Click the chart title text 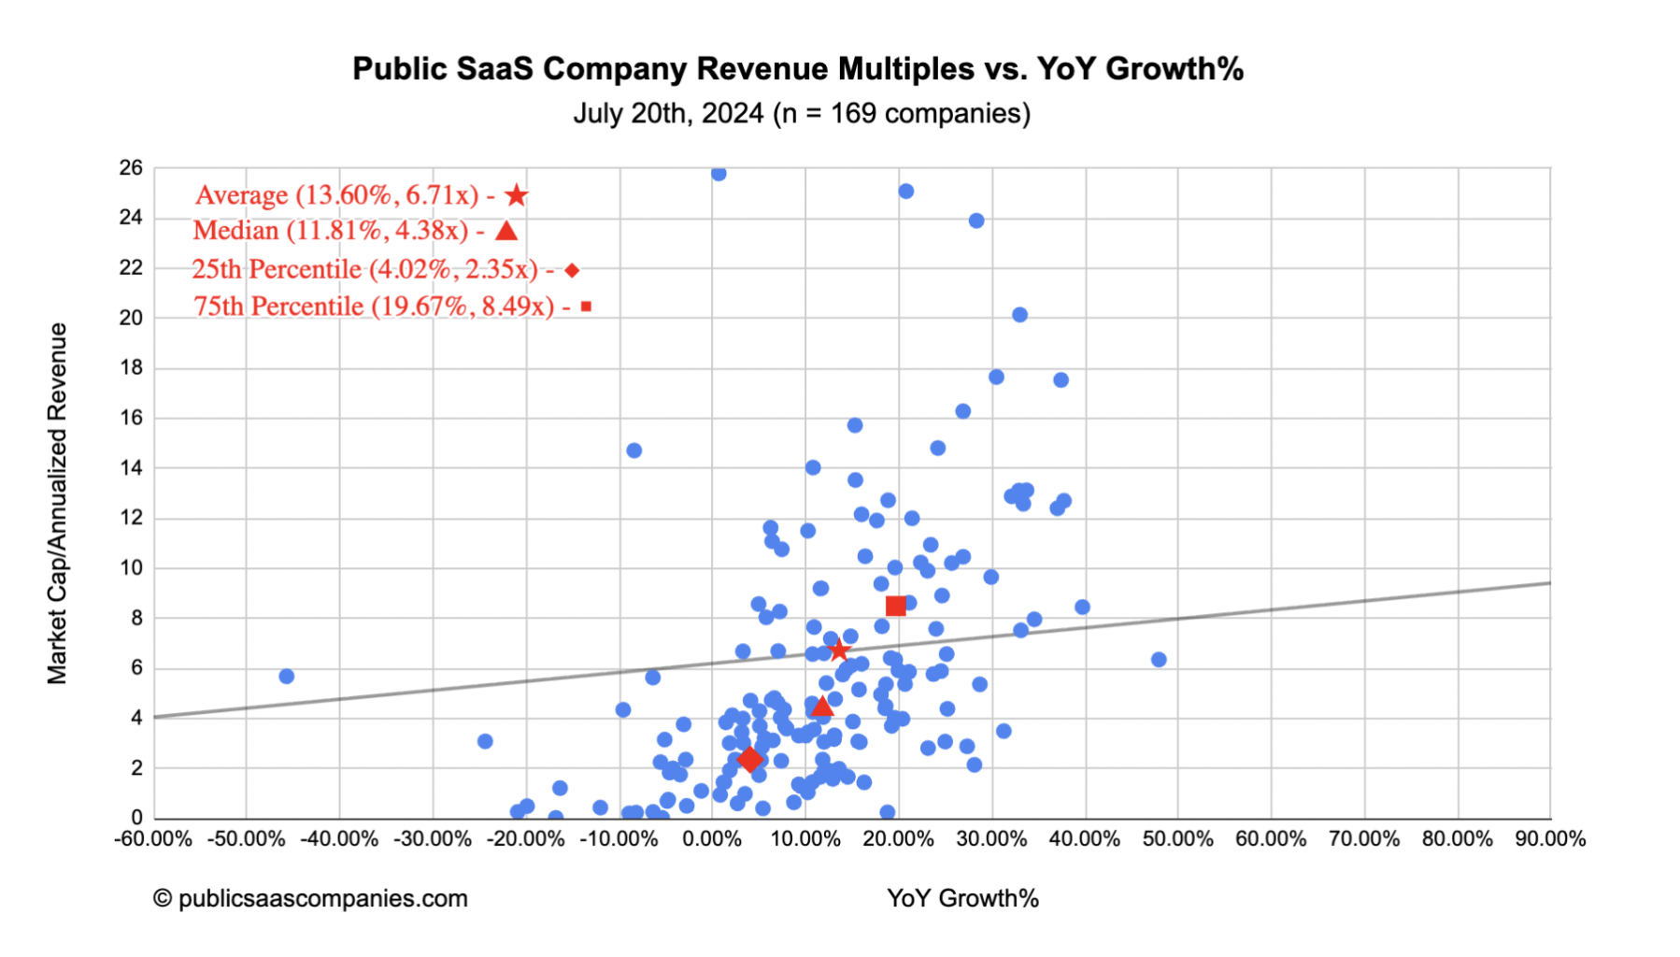[798, 69]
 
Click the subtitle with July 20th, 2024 [802, 113]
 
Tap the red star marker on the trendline [838, 650]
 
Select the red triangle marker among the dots [821, 706]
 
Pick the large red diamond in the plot [749, 760]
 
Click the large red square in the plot [895, 606]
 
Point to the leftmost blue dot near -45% [287, 676]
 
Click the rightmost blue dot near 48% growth [1159, 660]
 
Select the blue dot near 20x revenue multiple [1019, 315]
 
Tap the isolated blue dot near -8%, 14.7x [634, 450]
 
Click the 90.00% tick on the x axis [1550, 839]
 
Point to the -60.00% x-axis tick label [153, 839]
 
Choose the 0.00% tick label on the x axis [712, 839]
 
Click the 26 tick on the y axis [131, 168]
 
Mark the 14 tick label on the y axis [131, 468]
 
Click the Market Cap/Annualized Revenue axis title [58, 504]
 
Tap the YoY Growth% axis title [962, 898]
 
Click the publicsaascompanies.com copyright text [310, 898]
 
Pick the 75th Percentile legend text [374, 307]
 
